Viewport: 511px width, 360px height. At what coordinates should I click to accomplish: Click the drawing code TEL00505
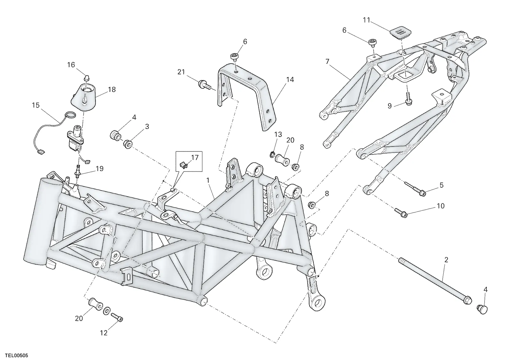[17, 356]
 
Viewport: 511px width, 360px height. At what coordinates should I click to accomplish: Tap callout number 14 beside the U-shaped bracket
[290, 79]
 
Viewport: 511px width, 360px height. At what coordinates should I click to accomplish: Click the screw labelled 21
[204, 85]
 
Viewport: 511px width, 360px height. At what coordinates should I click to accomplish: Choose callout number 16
[71, 65]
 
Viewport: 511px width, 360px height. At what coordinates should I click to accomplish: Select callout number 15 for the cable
[36, 105]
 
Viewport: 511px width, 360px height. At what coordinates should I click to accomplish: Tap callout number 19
[100, 169]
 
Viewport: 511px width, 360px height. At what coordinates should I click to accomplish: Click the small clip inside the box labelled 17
[184, 164]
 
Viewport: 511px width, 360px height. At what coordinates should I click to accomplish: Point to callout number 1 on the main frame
[208, 180]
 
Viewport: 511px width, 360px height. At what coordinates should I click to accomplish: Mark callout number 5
[441, 185]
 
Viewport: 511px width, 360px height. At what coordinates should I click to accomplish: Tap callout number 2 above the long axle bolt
[446, 260]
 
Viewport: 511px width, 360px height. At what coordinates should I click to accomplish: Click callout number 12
[103, 333]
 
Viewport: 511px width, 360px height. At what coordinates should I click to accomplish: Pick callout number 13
[278, 134]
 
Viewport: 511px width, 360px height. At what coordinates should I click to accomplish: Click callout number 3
[147, 126]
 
